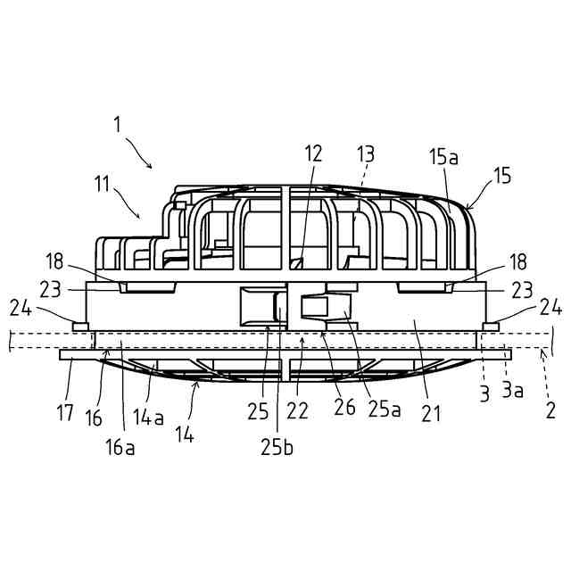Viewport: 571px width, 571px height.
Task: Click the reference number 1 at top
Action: (117, 124)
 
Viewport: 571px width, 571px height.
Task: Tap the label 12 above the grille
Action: (313, 153)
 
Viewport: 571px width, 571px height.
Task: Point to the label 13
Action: (367, 153)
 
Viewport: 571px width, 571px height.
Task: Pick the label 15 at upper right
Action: (502, 176)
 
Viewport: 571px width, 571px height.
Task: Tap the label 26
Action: (343, 408)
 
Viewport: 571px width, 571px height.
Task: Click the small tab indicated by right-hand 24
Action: (490, 327)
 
